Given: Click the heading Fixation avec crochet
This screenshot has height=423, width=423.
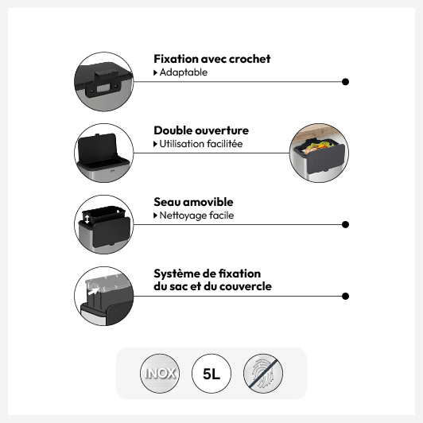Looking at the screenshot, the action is tap(212, 59).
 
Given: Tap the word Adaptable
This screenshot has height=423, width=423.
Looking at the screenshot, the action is tap(184, 72).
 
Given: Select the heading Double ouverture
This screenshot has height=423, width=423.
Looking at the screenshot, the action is tap(201, 130).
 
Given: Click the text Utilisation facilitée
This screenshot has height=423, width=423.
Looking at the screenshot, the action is tap(201, 144).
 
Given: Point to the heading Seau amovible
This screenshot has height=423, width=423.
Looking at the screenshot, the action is tap(193, 202).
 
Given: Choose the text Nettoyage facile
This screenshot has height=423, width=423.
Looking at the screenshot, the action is tap(196, 215).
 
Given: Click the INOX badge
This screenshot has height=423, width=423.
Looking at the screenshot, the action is tap(160, 374).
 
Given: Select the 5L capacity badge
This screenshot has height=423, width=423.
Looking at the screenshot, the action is tap(211, 374).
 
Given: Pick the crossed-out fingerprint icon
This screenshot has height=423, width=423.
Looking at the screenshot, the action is tap(263, 374).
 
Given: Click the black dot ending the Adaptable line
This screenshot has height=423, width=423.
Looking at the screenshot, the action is tap(345, 82).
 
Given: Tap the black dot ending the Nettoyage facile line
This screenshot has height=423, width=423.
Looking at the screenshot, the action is tap(345, 224).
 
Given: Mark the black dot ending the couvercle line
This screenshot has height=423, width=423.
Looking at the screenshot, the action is tap(345, 297).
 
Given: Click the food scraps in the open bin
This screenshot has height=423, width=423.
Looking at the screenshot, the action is tap(319, 148).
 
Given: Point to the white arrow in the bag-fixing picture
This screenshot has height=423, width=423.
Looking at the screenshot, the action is tap(93, 291).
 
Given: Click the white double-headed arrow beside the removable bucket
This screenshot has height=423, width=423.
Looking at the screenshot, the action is tap(87, 219).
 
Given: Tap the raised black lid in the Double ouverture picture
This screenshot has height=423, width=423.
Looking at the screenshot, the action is tap(97, 148).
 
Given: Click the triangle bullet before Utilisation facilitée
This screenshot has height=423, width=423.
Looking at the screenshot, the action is tap(155, 144).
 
